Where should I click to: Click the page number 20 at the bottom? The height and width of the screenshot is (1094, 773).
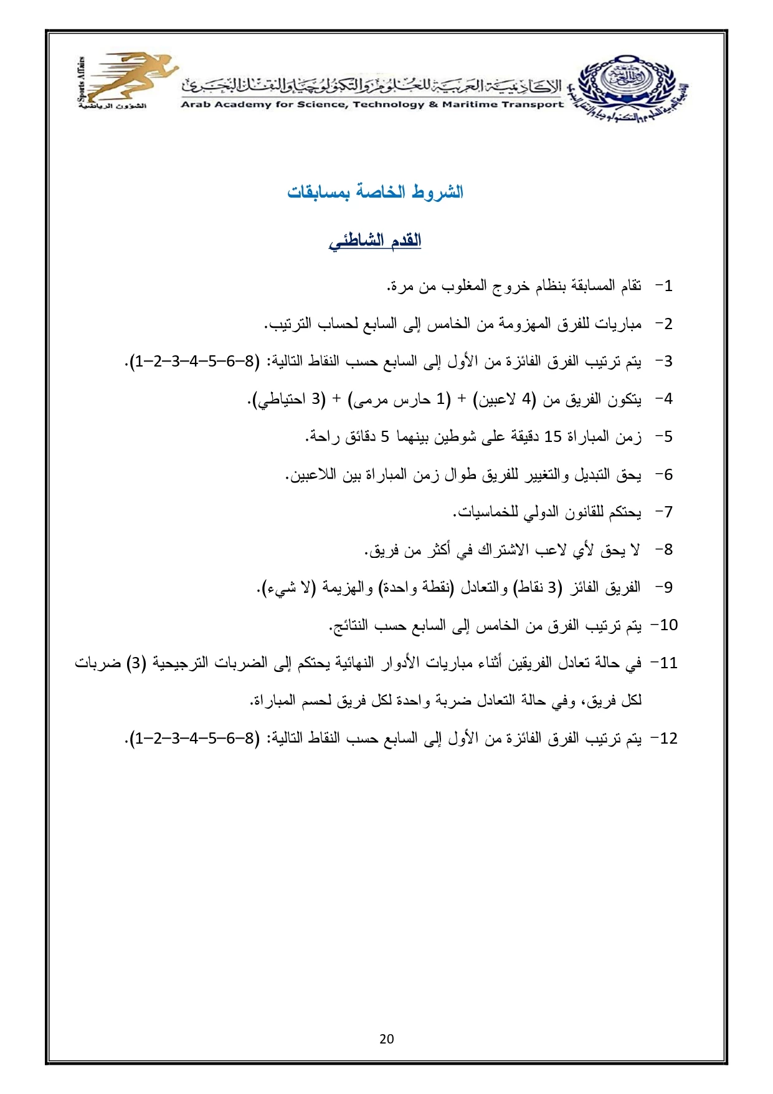coord(386,1039)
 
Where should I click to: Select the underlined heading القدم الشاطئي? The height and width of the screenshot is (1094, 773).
coord(375,241)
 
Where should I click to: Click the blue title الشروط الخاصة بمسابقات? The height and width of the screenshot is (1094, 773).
coord(375,192)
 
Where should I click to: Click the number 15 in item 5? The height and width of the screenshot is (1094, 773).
coord(553,436)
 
